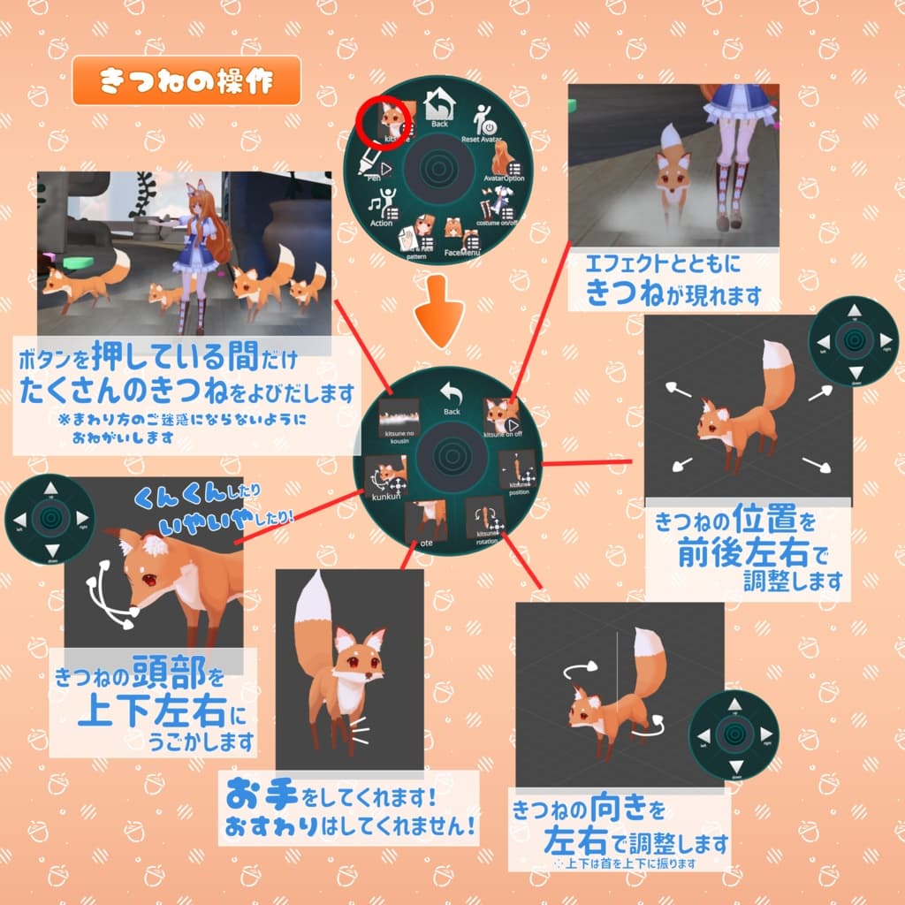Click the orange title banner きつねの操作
(186, 81)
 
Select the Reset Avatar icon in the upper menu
(483, 121)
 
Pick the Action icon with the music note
(383, 210)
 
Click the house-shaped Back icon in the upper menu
(438, 109)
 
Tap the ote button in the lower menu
(430, 521)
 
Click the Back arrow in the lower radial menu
(451, 397)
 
